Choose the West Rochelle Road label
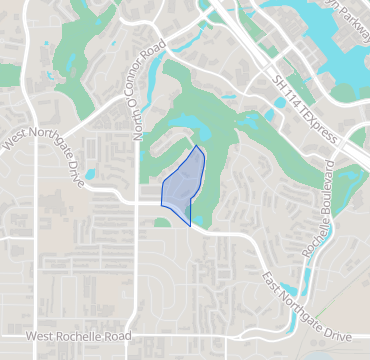(79, 337)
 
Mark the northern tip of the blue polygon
(198, 147)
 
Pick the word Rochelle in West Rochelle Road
(83, 337)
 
